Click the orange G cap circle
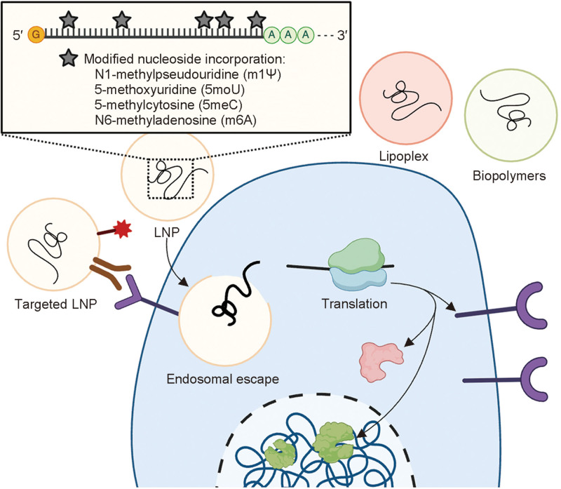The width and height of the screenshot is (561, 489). point(36,34)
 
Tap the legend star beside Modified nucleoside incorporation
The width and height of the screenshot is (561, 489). point(69,58)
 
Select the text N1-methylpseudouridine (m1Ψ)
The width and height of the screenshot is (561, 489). point(188,74)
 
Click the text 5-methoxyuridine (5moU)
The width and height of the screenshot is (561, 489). point(170,90)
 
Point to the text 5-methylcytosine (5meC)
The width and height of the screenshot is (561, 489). point(168,105)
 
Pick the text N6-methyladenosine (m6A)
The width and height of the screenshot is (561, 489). point(176,120)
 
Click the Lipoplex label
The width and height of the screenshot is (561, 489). point(404,156)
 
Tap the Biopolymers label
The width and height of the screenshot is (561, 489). point(509,176)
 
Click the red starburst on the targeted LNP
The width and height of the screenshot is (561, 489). point(123,229)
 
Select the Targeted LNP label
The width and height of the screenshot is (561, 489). point(56,304)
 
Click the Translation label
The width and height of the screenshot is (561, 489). point(354,304)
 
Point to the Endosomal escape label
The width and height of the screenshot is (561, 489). point(222,379)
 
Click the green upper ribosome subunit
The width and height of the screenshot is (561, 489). point(356,256)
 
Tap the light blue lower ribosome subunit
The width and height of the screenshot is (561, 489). point(359,279)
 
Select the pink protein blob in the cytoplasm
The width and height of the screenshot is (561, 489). point(380,361)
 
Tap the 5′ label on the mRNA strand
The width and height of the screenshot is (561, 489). point(18,36)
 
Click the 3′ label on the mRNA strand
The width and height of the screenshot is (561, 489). point(342,35)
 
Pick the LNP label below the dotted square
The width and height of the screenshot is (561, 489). point(167,232)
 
